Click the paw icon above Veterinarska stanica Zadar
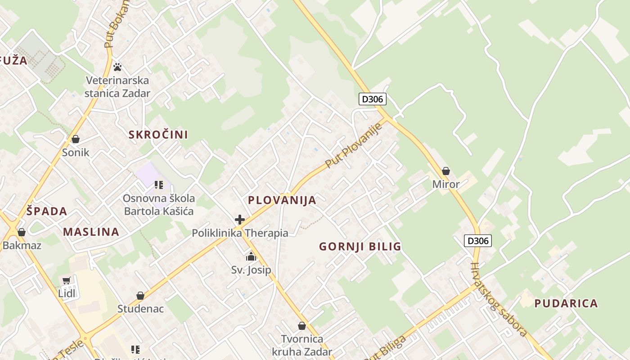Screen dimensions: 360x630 pos(117,67)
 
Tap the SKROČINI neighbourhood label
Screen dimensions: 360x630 pos(158,135)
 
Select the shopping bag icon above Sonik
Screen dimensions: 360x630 pos(76,139)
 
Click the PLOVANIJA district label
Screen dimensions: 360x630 pos(282,200)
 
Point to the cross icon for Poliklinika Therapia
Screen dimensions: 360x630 pos(240,220)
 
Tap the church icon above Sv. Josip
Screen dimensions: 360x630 pos(251,256)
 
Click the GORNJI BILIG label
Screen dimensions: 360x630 pos(360,247)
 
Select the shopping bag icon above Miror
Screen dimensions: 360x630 pos(445,171)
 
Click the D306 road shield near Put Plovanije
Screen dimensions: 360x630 pos(373,99)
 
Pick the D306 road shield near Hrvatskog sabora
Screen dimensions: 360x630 pos(477,241)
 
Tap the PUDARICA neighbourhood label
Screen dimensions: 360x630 pos(566,303)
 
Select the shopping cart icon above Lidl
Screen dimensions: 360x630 pos(67,280)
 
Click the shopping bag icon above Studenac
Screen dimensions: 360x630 pos(140,296)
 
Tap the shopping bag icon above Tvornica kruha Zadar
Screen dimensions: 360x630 pos(302,326)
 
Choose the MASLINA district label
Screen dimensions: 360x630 pos(91,232)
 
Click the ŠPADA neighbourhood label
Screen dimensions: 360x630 pos(46,211)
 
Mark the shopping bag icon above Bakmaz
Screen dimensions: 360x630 pos(21,232)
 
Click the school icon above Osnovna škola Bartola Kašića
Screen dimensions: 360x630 pos(158,185)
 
